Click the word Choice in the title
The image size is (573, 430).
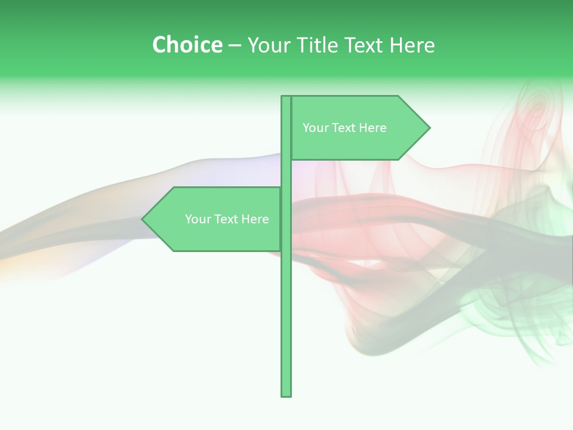[x=187, y=45]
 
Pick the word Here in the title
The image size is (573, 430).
[x=412, y=45]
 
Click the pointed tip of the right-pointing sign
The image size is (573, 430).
[x=429, y=127]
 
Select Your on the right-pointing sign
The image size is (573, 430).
[x=315, y=128]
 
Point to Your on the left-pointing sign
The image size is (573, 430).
[x=197, y=219]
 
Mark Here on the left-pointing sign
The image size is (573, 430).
[x=255, y=219]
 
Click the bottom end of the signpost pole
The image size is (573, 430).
[x=286, y=394]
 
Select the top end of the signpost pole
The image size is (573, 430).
[x=286, y=97]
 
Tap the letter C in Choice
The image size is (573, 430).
[x=159, y=45]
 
